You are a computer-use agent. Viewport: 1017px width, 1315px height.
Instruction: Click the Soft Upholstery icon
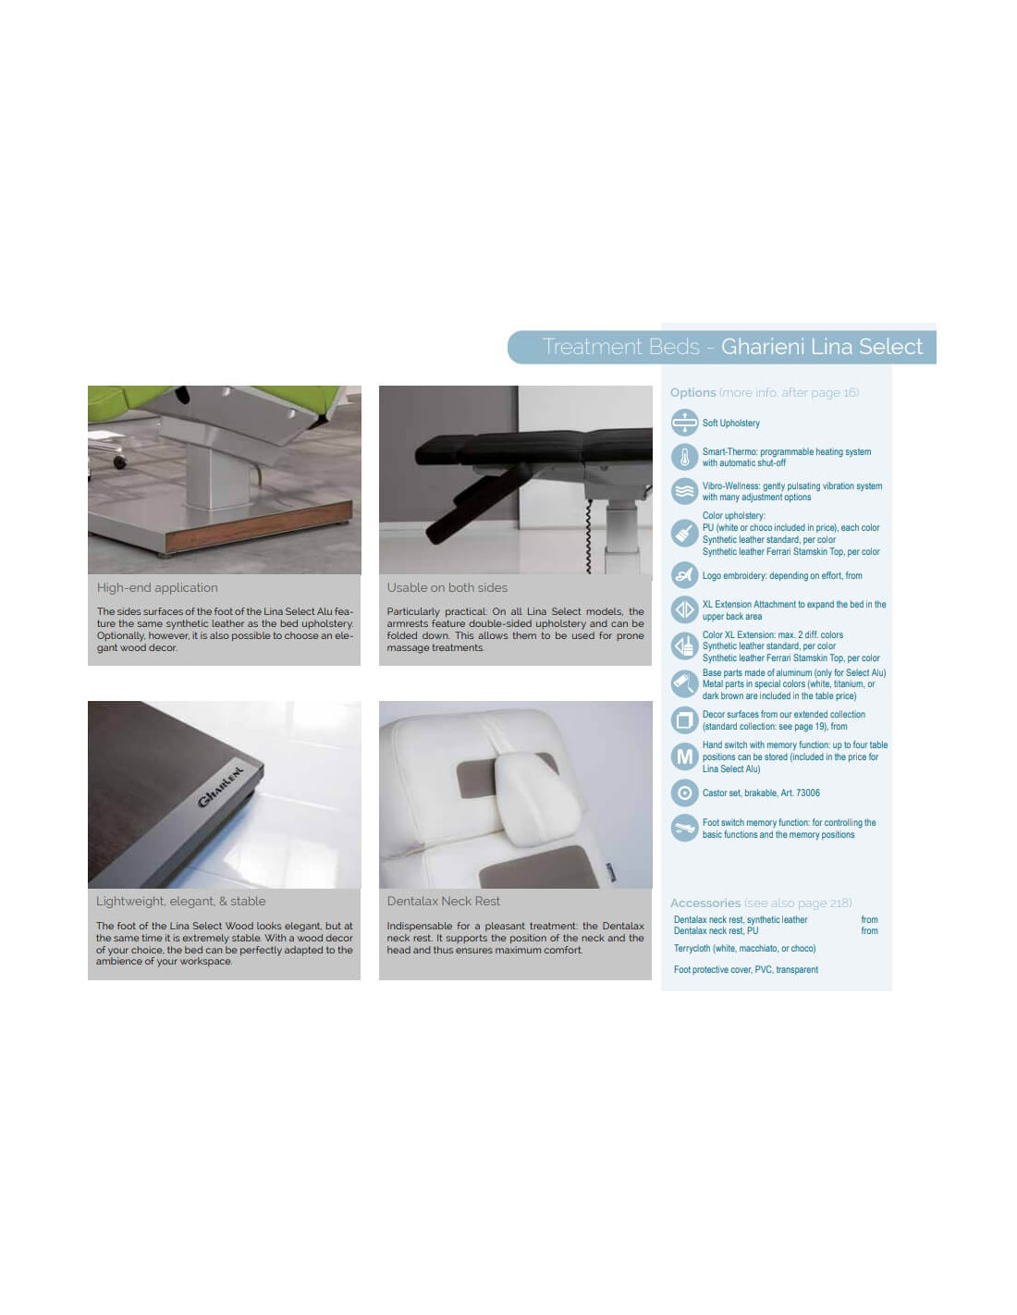pyautogui.click(x=684, y=423)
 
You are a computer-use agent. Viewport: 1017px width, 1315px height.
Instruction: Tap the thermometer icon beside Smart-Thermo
pyautogui.click(x=684, y=457)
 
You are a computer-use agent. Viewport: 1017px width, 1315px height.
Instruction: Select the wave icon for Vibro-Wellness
pyautogui.click(x=684, y=491)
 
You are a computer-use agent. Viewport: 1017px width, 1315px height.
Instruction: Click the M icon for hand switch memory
pyautogui.click(x=684, y=756)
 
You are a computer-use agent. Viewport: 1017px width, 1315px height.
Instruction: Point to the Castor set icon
pyautogui.click(x=684, y=793)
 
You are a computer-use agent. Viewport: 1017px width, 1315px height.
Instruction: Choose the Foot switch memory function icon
pyautogui.click(x=684, y=828)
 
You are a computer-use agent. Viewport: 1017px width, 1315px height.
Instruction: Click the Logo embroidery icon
pyautogui.click(x=684, y=575)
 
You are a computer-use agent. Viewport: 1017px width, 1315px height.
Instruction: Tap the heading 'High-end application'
pyautogui.click(x=157, y=587)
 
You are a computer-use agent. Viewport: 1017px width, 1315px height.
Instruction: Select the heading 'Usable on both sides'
pyautogui.click(x=447, y=587)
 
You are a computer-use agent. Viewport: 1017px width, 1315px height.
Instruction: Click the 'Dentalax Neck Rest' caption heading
pyautogui.click(x=444, y=901)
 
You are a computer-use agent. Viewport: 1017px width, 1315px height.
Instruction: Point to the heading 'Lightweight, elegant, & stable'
pyautogui.click(x=181, y=902)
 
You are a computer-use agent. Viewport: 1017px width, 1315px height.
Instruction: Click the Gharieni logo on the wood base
pyautogui.click(x=221, y=787)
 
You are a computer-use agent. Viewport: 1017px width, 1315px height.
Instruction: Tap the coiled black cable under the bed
pyautogui.click(x=588, y=535)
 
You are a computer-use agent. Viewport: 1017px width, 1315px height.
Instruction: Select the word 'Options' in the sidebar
pyautogui.click(x=692, y=392)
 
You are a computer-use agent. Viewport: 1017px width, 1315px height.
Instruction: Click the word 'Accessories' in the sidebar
pyautogui.click(x=705, y=903)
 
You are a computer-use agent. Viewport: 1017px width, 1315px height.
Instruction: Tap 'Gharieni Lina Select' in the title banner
pyautogui.click(x=822, y=347)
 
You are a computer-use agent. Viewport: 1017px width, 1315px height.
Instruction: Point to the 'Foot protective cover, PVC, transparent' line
pyautogui.click(x=745, y=969)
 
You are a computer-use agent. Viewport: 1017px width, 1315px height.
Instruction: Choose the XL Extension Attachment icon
pyautogui.click(x=684, y=609)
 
